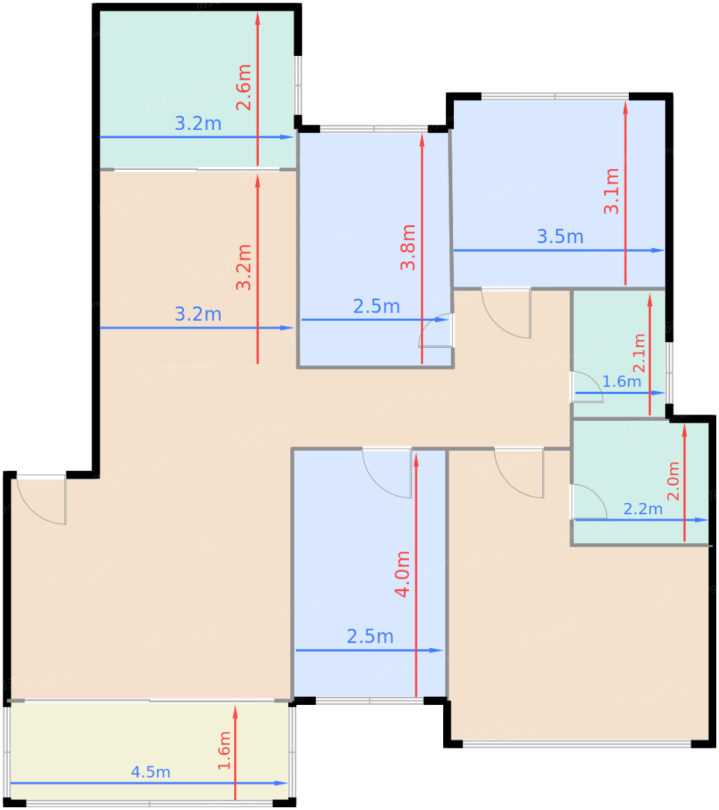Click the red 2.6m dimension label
(243, 87)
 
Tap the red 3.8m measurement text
(408, 248)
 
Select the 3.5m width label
(560, 237)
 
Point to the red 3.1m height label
(611, 191)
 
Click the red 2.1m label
(639, 353)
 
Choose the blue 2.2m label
(643, 509)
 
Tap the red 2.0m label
(673, 481)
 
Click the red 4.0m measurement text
(402, 574)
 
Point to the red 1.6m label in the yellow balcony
(224, 750)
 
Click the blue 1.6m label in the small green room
(622, 381)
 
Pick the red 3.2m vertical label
(243, 267)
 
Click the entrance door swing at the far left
(41, 500)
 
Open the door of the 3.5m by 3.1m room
(506, 313)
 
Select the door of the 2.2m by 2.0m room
(589, 502)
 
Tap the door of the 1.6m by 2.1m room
(586, 387)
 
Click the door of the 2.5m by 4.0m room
(387, 473)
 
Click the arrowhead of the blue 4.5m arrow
(281, 783)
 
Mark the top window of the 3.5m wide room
(555, 97)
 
